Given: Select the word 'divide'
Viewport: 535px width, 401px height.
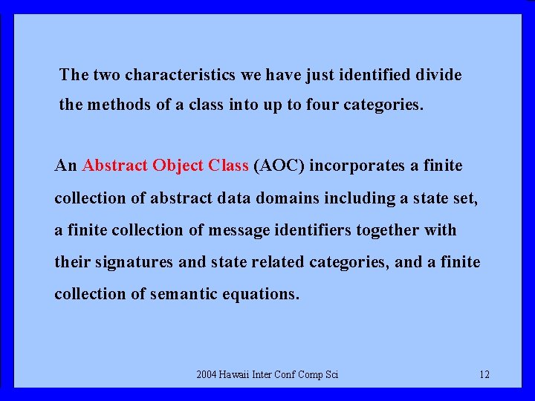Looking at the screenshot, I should (x=439, y=75).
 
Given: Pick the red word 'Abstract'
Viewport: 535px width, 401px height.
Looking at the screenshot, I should (x=115, y=166).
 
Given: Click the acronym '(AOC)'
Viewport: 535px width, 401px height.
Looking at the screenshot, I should (x=279, y=166).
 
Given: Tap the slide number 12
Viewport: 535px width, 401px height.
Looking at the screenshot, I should (x=484, y=374).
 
